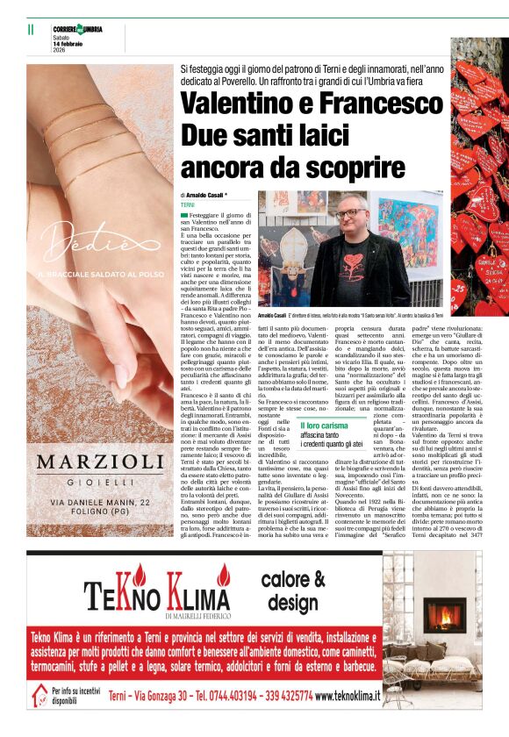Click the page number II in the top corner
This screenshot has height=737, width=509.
[x=31, y=29]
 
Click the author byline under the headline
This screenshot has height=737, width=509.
[x=204, y=194]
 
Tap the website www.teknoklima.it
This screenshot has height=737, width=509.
[x=348, y=696]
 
